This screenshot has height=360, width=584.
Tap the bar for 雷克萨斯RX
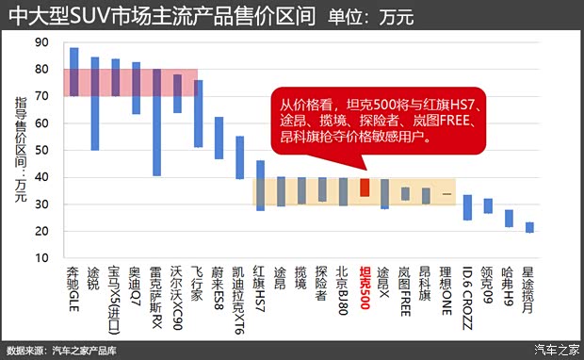pos(156,123)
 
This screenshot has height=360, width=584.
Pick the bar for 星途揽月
pos(529,227)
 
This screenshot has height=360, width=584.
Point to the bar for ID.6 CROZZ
pos(467,207)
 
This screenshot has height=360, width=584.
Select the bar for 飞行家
pos(198,114)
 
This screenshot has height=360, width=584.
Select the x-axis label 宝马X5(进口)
pos(115,292)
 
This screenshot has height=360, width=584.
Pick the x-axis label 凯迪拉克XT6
pos(239,292)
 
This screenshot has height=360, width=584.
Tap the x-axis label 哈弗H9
pos(509,284)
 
